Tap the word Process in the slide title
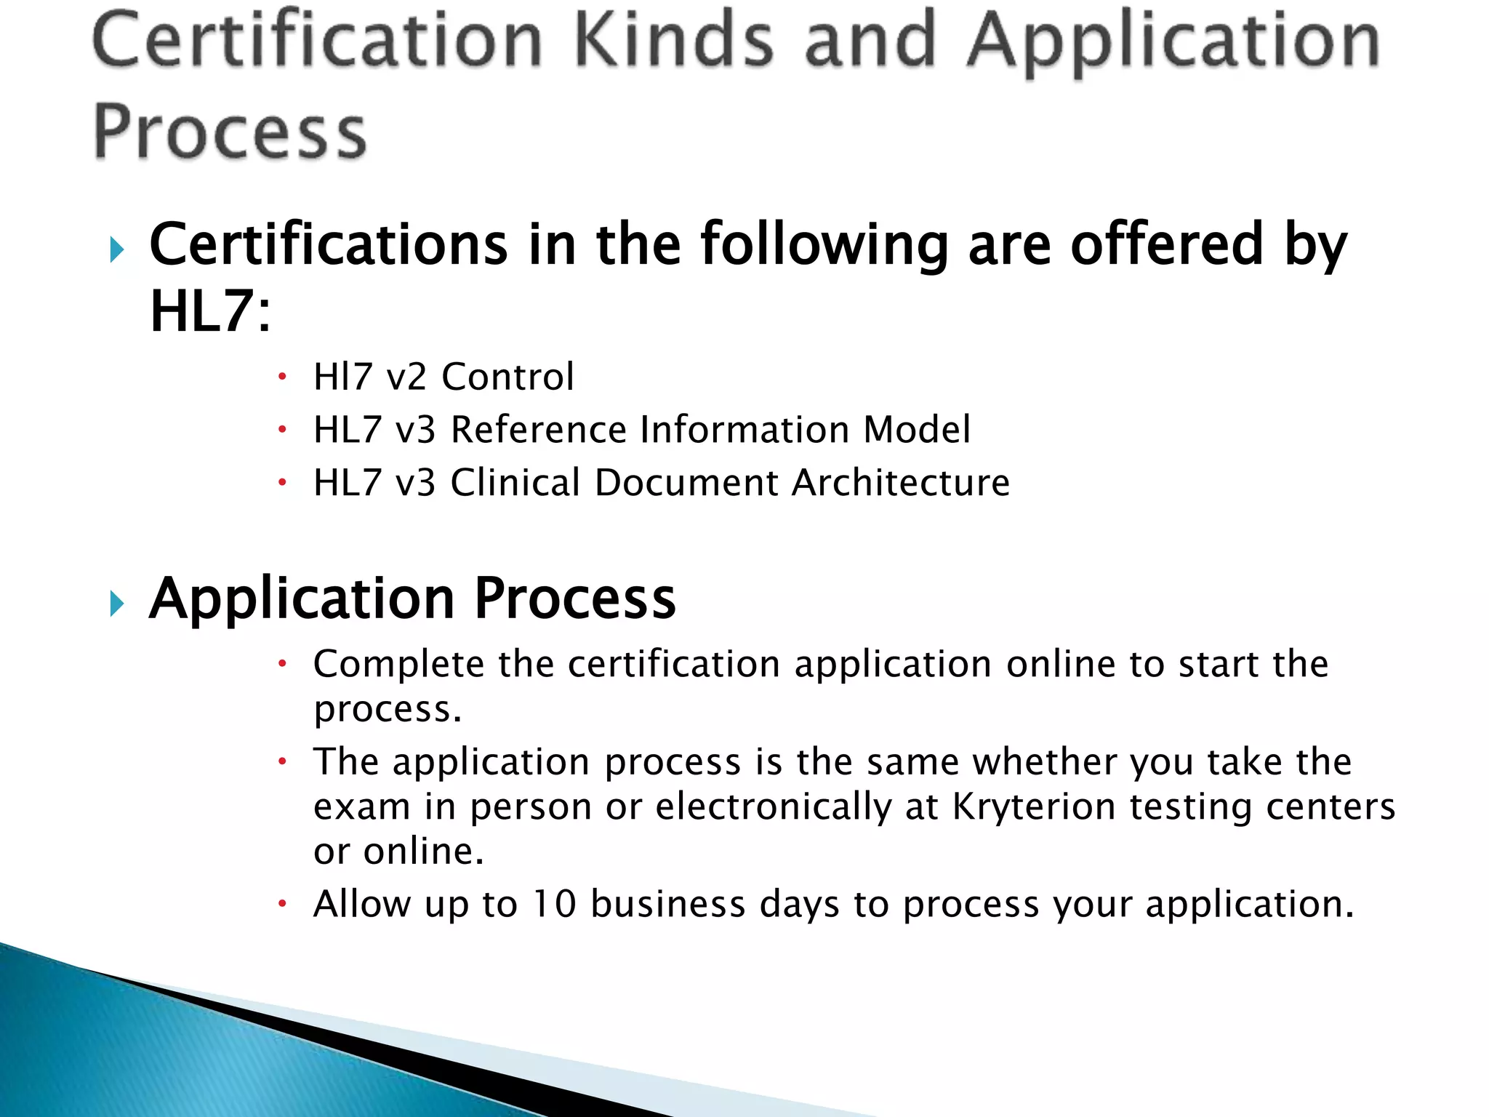(230, 132)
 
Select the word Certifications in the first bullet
(328, 245)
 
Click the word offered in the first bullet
(1167, 245)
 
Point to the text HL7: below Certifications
(210, 311)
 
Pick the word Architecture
(901, 482)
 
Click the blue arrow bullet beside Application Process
(116, 604)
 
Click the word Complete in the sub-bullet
(398, 665)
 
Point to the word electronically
(774, 807)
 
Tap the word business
(668, 904)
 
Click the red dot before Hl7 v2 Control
(283, 377)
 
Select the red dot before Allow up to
(283, 905)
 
